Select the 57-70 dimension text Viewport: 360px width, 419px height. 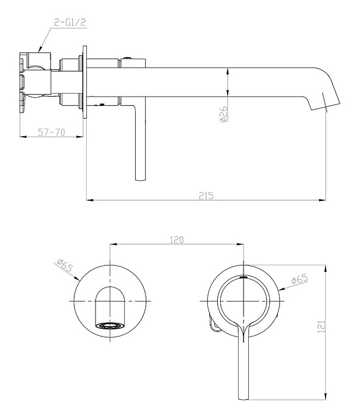51,132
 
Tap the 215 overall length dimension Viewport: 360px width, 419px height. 206,196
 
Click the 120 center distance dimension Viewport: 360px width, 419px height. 177,239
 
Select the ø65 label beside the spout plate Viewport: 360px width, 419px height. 65,267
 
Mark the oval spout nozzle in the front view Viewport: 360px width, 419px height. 110,325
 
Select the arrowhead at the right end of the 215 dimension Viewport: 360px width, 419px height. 323,200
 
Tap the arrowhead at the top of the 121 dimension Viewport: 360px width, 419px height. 326,271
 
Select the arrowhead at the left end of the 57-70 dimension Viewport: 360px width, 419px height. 22,137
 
